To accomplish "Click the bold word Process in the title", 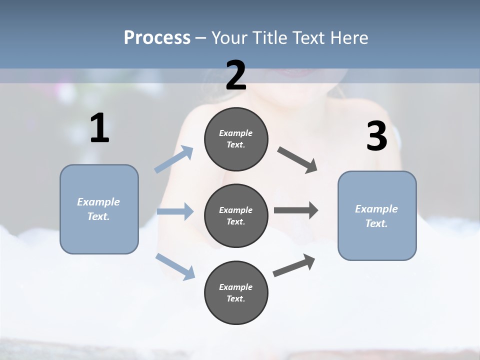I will [x=157, y=38].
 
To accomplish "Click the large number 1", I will [x=99, y=128].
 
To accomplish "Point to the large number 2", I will [x=236, y=75].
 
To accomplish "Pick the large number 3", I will [x=376, y=136].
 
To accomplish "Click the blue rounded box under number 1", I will [x=99, y=209].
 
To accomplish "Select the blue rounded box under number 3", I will [x=377, y=215].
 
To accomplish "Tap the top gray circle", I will [x=236, y=139].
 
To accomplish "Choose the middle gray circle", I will [x=236, y=215].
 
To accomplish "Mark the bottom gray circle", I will [x=236, y=292].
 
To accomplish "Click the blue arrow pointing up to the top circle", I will [x=174, y=159].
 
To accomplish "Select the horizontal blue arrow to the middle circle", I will [x=175, y=211].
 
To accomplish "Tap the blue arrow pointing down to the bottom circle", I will [x=175, y=266].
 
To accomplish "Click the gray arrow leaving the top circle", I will [x=297, y=160].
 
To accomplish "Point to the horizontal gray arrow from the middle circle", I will [x=296, y=210].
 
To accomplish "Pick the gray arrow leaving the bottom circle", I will [x=294, y=265].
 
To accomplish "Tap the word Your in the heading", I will [x=229, y=38].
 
